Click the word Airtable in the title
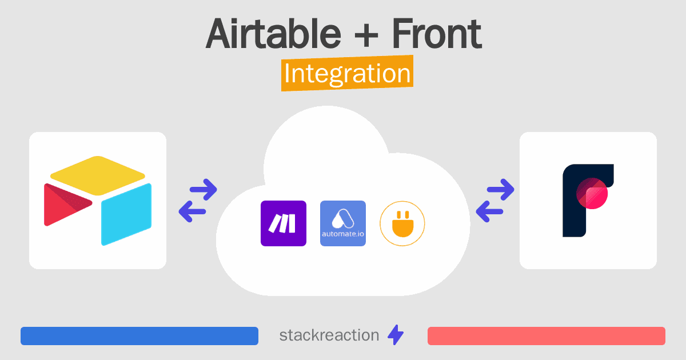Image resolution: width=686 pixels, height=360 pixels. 273,33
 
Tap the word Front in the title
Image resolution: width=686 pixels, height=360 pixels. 437,33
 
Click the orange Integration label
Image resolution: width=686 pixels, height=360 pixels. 348,73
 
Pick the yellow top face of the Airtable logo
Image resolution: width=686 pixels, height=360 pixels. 97,175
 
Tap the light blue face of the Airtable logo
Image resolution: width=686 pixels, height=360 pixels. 126,214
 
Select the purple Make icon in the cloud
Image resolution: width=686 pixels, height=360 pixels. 284,223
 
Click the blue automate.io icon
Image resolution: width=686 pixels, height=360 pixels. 342,223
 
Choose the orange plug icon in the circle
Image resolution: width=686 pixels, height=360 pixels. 402,224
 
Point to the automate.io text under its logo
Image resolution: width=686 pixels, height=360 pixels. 342,234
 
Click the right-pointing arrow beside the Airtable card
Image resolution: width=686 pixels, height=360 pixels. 204,190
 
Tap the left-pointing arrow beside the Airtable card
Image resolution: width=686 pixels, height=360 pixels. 192,211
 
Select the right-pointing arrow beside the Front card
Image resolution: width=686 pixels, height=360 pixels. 500,190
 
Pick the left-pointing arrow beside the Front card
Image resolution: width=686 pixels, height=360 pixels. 489,211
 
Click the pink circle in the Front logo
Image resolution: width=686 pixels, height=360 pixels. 592,194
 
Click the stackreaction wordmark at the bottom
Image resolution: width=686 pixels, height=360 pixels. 329,335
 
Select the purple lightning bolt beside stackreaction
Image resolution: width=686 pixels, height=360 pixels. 396,335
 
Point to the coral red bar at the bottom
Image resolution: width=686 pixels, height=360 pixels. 547,336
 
